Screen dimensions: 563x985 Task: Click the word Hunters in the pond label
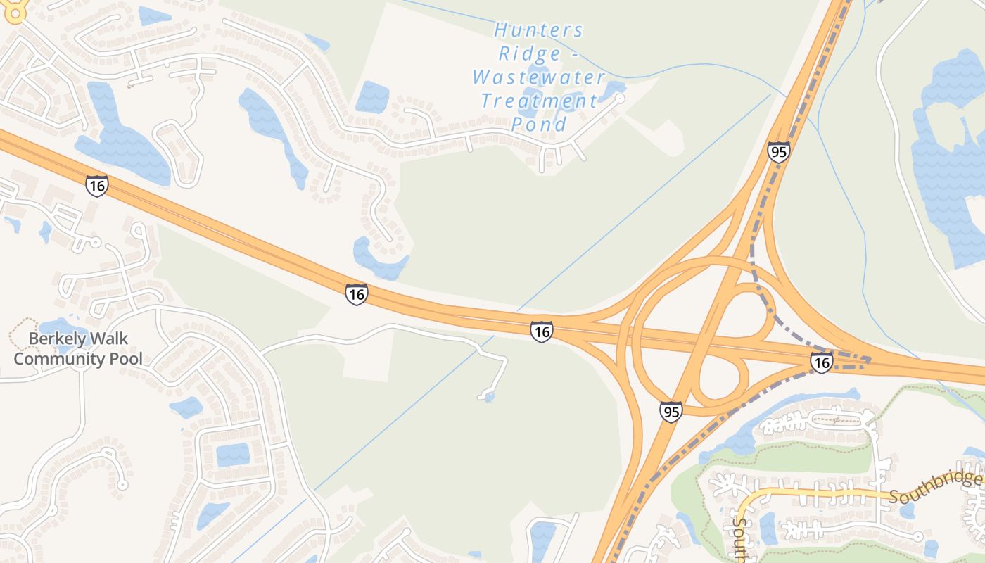pyautogui.click(x=539, y=30)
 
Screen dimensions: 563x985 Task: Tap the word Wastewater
pyautogui.click(x=539, y=77)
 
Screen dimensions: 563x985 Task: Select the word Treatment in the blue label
pyautogui.click(x=539, y=101)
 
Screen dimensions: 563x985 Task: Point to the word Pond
pyautogui.click(x=539, y=125)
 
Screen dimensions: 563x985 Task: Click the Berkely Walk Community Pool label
pyautogui.click(x=78, y=348)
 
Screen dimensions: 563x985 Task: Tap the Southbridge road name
pyautogui.click(x=935, y=487)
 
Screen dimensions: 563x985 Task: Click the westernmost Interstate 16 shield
pyautogui.click(x=97, y=186)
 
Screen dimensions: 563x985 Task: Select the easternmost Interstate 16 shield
pyautogui.click(x=821, y=362)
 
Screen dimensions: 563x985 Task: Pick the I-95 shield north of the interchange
pyautogui.click(x=779, y=152)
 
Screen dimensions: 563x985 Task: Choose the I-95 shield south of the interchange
pyautogui.click(x=671, y=412)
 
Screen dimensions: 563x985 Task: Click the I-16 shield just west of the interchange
pyautogui.click(x=541, y=331)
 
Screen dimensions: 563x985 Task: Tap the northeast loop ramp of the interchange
pyautogui.click(x=753, y=310)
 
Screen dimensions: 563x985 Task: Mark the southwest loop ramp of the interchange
pyautogui.click(x=721, y=380)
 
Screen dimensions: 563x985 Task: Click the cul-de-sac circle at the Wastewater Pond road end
pyautogui.click(x=619, y=99)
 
